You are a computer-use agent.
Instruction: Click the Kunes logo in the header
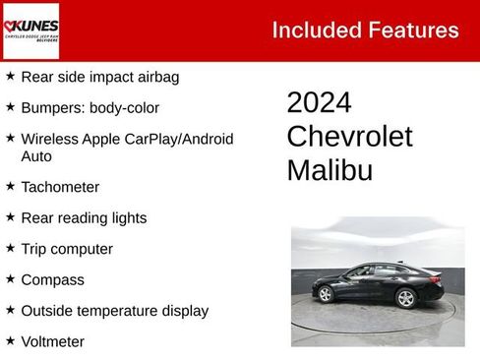30,31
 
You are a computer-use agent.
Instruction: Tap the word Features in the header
413,30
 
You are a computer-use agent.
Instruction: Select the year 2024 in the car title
319,103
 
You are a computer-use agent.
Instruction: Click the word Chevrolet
349,137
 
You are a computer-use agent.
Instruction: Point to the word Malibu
330,170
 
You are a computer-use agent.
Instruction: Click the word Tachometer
60,187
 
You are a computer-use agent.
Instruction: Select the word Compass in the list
53,280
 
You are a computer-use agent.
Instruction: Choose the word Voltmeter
53,342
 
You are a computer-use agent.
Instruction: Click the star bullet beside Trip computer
10,249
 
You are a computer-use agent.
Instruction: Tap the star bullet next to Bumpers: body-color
10,107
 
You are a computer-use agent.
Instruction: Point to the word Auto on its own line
36,156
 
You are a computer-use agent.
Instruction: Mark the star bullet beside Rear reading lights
10,217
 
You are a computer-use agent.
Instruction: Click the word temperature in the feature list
120,311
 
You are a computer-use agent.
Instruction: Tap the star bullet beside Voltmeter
10,341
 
